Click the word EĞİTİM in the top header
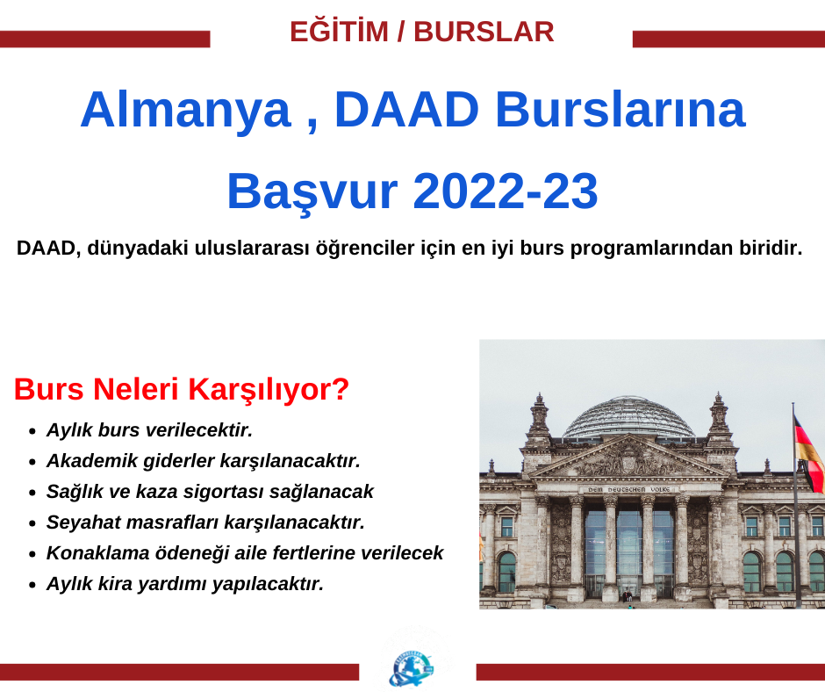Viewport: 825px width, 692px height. point(340,31)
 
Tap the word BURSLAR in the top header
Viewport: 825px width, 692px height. point(484,32)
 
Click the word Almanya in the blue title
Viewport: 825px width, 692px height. point(186,110)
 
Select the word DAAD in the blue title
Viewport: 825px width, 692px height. point(406,109)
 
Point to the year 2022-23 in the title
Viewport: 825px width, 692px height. point(506,191)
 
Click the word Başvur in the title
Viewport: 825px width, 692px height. point(312,191)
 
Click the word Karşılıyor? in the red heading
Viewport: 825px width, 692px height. point(269,390)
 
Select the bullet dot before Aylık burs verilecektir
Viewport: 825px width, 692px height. point(32,431)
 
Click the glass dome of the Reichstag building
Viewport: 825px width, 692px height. point(628,417)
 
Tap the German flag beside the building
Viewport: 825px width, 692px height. point(808,453)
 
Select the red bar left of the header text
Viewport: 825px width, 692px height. point(105,39)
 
